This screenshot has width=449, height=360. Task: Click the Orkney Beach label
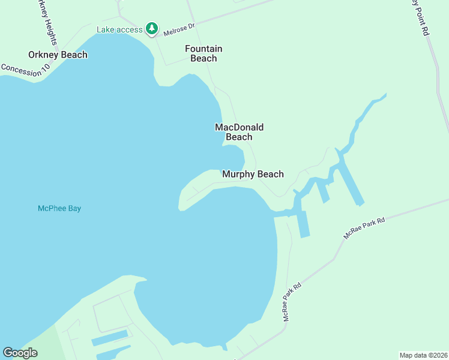coord(58,55)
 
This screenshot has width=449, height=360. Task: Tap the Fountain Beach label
coord(203,53)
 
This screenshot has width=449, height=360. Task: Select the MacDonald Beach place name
coord(239,132)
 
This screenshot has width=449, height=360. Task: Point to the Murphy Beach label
coord(253,174)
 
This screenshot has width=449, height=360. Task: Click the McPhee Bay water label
coord(59,208)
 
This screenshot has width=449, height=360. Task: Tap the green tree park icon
coord(152,29)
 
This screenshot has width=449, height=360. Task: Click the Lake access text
coord(120,29)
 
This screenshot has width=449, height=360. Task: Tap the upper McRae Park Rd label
coord(364,229)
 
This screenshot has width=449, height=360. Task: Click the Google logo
coord(20,352)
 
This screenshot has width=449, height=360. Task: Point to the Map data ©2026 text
coord(423,355)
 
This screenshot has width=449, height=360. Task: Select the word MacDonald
coord(239,127)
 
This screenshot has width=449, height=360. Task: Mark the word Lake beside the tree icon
coord(106,29)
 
